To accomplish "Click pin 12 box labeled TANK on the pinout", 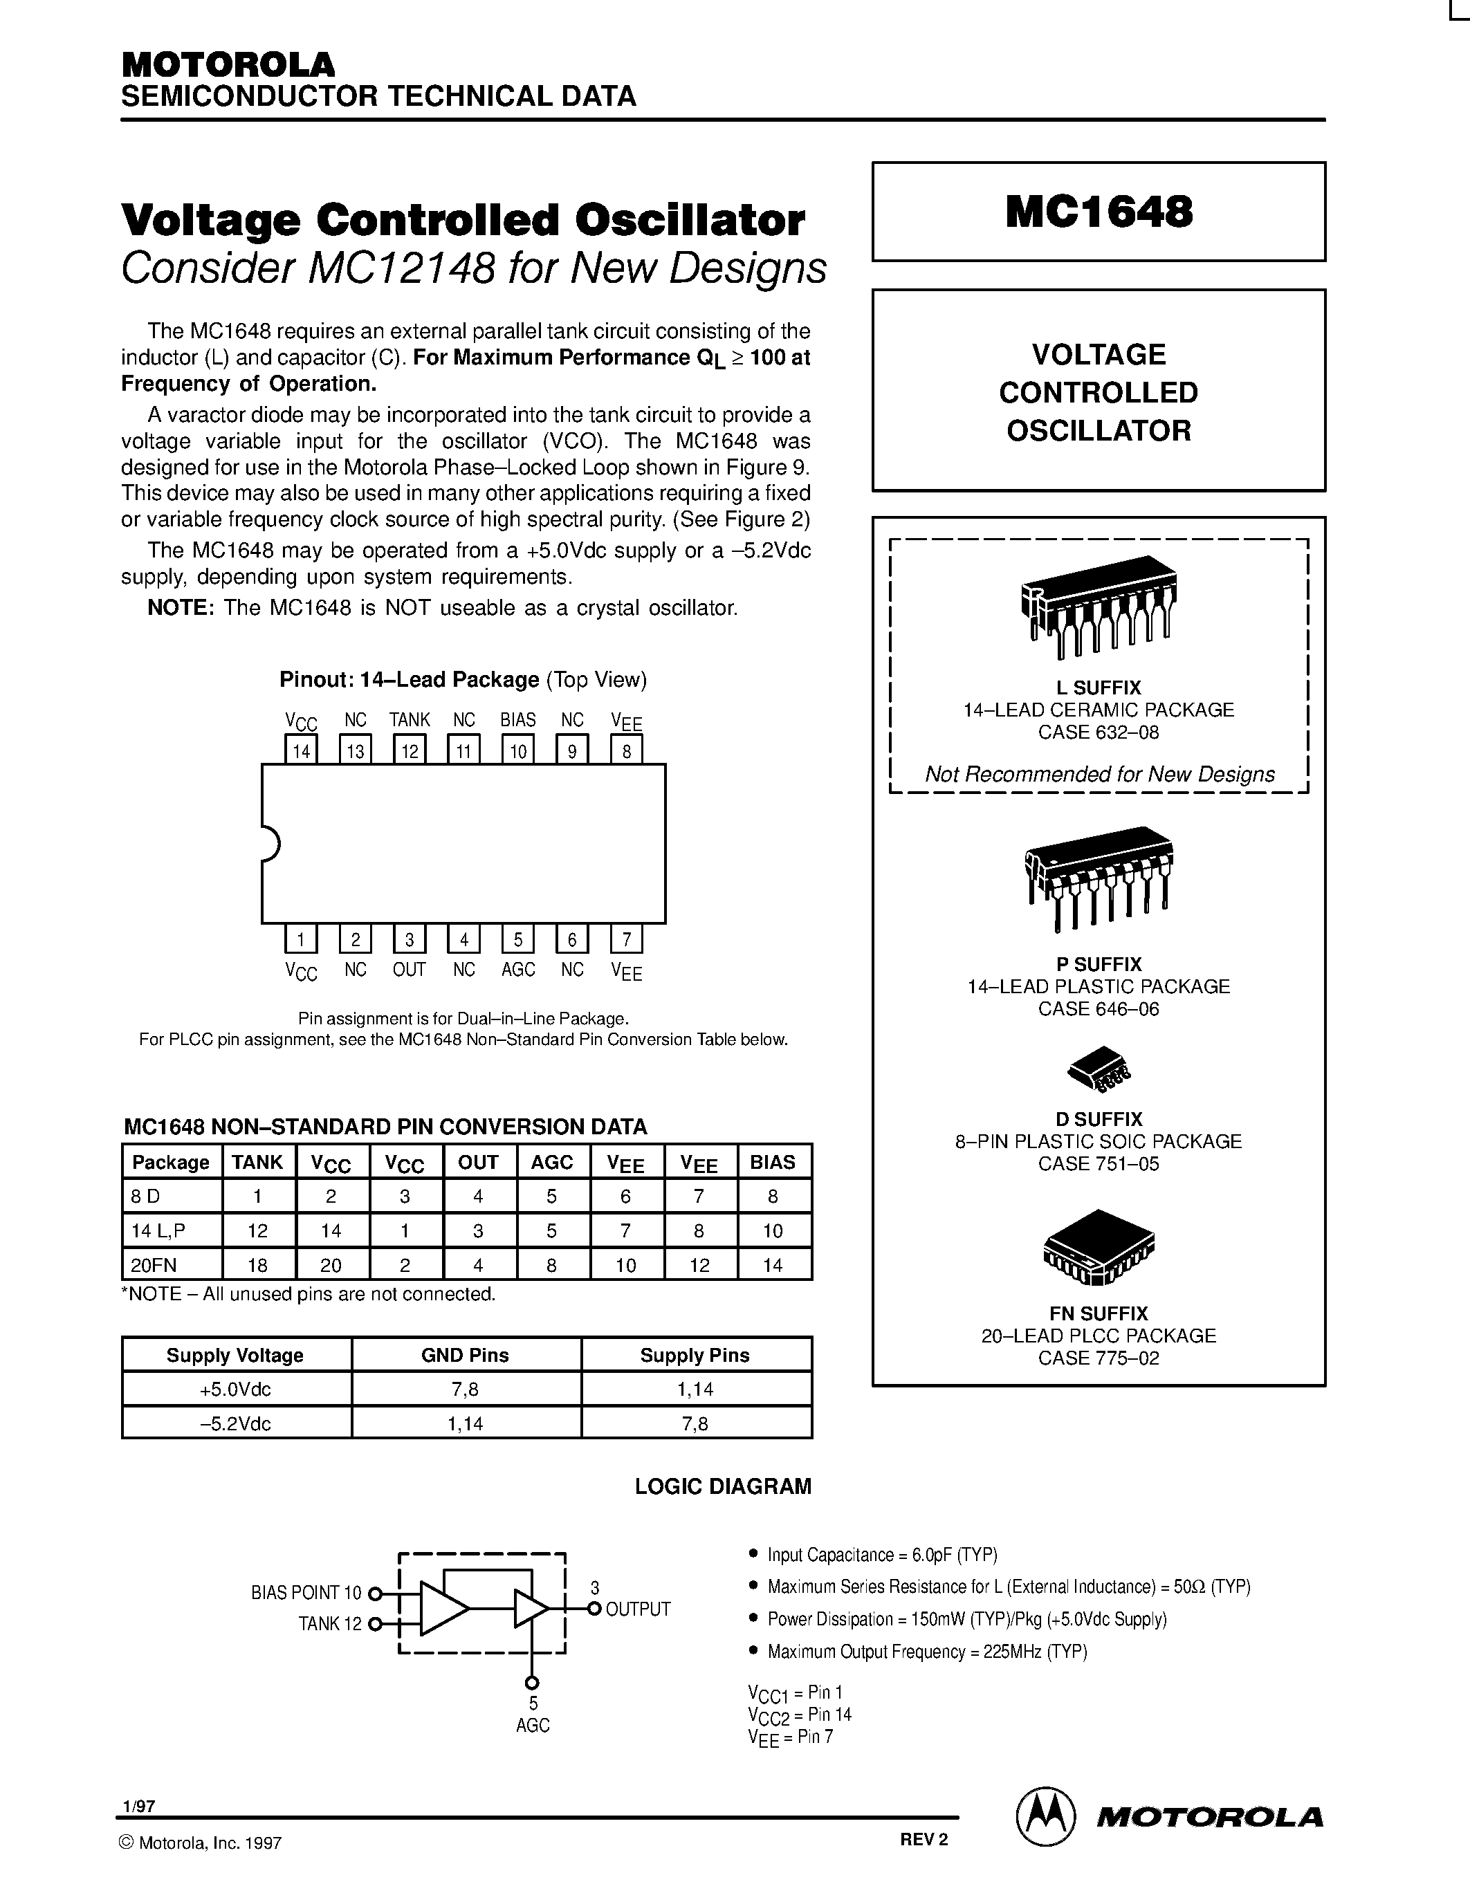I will [410, 750].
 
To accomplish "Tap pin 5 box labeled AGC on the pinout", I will [518, 939].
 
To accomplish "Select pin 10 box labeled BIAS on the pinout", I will [518, 750].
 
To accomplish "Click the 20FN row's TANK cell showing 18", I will [258, 1264].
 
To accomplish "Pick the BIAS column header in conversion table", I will [773, 1162].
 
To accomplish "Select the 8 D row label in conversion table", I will [146, 1197].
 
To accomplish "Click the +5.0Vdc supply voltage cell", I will [235, 1389].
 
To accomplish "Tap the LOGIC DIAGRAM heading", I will [723, 1486].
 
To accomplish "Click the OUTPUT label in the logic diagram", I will [638, 1609].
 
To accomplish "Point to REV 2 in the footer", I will [924, 1839].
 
